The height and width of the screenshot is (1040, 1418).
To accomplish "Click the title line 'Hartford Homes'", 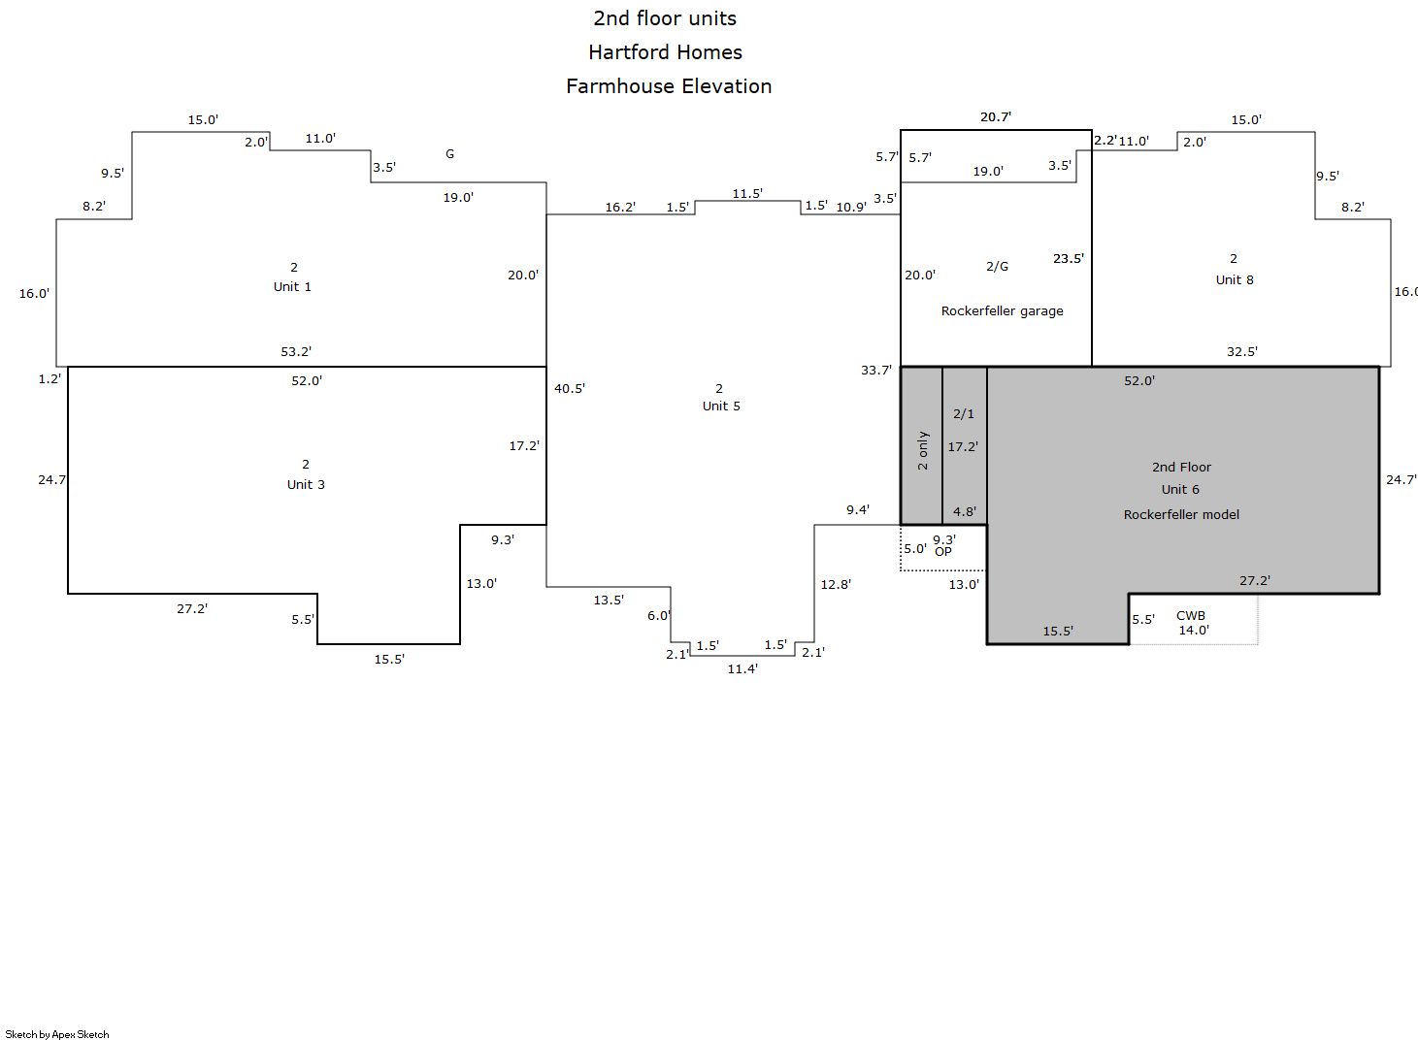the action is (665, 51).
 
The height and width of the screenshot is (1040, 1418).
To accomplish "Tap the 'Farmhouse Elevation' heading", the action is (669, 86).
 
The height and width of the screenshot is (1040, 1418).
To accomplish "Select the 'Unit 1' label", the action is (292, 286).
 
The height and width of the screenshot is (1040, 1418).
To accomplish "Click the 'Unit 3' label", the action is (306, 484).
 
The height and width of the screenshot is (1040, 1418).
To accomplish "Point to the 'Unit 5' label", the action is (721, 406).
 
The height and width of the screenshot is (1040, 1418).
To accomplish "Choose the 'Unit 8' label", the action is (1235, 279).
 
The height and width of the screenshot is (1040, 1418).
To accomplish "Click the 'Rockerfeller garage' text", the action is (1002, 311).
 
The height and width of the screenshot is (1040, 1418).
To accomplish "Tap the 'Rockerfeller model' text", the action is (1181, 514).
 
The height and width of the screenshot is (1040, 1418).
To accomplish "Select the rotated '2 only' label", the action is (922, 450).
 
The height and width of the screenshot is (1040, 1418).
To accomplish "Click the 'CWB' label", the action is (1191, 615).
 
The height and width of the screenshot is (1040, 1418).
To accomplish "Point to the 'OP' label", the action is (943, 552).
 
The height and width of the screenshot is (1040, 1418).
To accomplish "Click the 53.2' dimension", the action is (296, 352).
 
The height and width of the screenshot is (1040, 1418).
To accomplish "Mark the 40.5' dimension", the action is (570, 388).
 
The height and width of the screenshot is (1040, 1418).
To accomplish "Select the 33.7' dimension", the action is (876, 370).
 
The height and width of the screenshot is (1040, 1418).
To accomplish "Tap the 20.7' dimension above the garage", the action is (996, 117).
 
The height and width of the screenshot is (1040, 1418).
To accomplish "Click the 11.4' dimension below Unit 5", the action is (742, 668).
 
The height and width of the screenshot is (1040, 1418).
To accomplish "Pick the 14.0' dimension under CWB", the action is (1194, 630).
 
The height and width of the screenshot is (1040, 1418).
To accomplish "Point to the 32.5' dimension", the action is (1242, 352).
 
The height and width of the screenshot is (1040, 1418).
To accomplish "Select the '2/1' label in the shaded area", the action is (964, 413).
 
